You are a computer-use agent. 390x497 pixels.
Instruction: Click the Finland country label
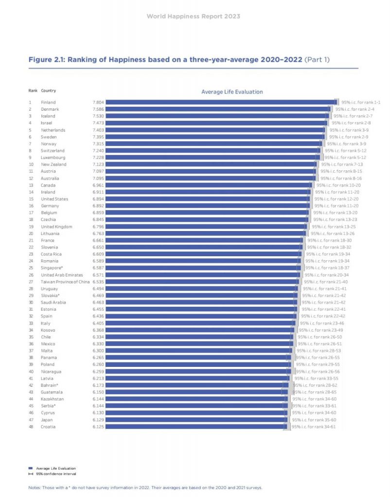point(48,102)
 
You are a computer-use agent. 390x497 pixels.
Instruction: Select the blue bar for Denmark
point(218,109)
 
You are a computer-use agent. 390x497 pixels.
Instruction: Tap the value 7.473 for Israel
point(98,123)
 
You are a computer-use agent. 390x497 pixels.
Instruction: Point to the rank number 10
point(31,165)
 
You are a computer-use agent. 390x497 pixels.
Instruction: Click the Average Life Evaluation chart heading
point(232,92)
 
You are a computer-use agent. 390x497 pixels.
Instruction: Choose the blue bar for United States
point(208,199)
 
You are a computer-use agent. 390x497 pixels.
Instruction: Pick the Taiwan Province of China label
point(65,282)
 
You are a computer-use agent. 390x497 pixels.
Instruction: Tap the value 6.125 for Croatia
point(98,427)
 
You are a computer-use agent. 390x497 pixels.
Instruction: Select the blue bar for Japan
point(196,420)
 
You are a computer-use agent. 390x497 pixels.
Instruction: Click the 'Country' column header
point(48,91)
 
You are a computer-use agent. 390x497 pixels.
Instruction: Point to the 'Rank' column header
point(33,91)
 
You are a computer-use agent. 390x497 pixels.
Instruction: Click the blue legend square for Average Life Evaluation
point(31,468)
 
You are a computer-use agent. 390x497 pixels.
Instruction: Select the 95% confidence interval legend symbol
point(31,474)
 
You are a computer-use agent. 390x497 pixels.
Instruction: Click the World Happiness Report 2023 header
point(194,17)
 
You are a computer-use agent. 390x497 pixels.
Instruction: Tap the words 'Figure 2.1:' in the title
point(47,60)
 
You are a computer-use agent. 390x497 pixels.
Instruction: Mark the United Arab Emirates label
point(62,275)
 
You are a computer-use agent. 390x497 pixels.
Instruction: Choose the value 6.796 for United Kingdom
point(98,227)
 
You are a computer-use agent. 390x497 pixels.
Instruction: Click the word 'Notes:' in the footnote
point(34,488)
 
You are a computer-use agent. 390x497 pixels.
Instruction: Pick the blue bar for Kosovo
point(200,330)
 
